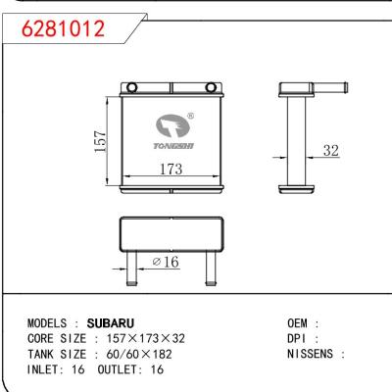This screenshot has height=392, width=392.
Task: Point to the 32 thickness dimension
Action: coord(331,152)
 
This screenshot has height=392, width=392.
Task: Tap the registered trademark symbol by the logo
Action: coord(189,116)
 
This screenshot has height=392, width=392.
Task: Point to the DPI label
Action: coord(298,338)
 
